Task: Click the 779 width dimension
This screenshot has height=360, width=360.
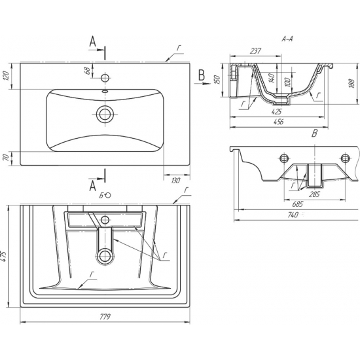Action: [x=105, y=317]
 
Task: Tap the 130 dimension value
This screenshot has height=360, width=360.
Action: [x=175, y=181]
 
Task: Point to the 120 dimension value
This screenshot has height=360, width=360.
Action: [x=6, y=75]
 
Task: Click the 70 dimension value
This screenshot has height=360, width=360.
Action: [x=7, y=157]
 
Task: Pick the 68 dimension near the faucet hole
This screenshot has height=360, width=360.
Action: [x=87, y=71]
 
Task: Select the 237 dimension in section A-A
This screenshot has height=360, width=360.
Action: [x=255, y=50]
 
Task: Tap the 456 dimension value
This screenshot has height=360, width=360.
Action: [x=278, y=122]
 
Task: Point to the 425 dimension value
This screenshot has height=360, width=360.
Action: [x=277, y=112]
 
